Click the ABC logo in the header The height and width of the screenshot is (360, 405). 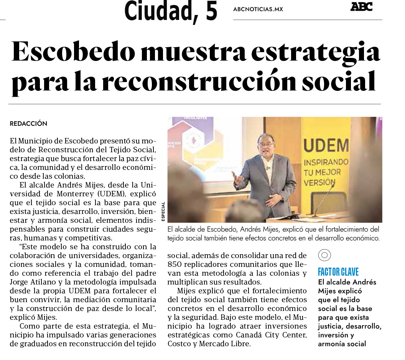(x=361, y=7)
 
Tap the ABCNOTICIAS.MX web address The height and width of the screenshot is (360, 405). (x=258, y=9)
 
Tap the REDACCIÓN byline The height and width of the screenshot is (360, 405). (x=28, y=124)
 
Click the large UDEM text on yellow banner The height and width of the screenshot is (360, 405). (x=326, y=146)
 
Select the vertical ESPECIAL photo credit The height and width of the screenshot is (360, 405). (x=163, y=211)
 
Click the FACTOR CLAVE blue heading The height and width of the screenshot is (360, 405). (x=338, y=272)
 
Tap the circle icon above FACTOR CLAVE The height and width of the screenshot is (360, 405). (x=324, y=255)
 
